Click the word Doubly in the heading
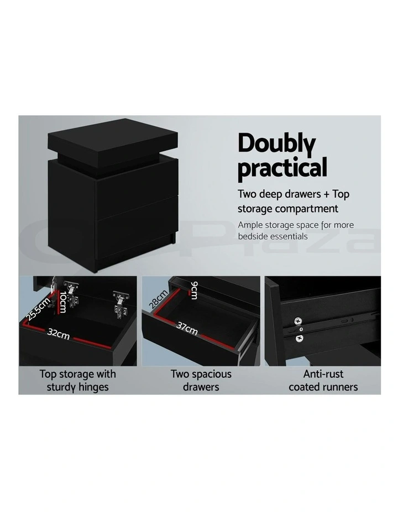276,144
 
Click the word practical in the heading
282,168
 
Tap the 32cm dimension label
58,333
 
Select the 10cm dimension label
62,302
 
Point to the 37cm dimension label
187,328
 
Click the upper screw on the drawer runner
298,321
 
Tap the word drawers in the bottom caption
201,387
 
